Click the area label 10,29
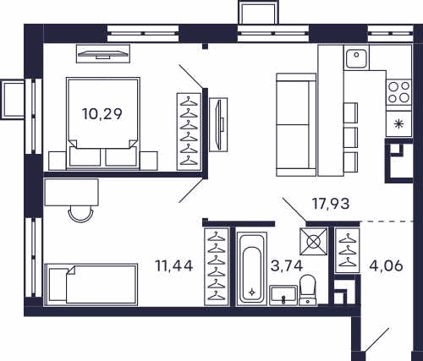102,114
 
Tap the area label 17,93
331,204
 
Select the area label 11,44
174,265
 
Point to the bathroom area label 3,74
287,265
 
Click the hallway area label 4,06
386,265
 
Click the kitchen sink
356,58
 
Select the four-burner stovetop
398,92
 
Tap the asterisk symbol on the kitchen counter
398,123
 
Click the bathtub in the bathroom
252,268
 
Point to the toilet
307,290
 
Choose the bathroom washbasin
283,295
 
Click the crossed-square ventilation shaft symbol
314,242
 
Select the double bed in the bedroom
103,123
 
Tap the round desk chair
80,213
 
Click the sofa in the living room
296,124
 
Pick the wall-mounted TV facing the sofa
218,124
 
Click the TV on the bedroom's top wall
103,53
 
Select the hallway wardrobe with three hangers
347,250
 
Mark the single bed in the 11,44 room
91,284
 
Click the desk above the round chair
72,192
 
